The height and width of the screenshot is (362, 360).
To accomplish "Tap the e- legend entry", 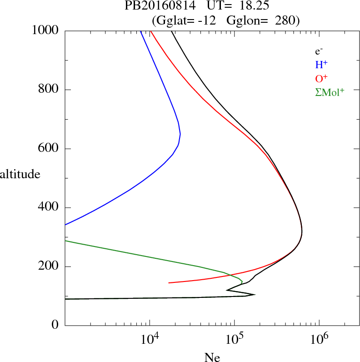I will click(319, 51).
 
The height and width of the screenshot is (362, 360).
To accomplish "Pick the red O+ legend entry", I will click(321, 78).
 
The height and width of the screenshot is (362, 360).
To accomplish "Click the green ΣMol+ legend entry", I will click(329, 92).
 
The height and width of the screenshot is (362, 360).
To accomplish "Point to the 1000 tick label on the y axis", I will click(45, 30).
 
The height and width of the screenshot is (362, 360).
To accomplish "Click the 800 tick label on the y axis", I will click(49, 90).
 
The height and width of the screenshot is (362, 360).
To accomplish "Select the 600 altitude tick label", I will click(49, 149).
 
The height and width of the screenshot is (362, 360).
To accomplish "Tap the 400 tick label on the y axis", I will click(49, 207).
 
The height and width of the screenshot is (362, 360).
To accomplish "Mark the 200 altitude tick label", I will click(49, 266).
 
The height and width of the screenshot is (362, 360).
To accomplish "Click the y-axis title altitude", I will click(20, 174).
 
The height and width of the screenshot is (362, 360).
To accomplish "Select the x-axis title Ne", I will click(212, 357).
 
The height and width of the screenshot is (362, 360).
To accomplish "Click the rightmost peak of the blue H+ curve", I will click(180, 135).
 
